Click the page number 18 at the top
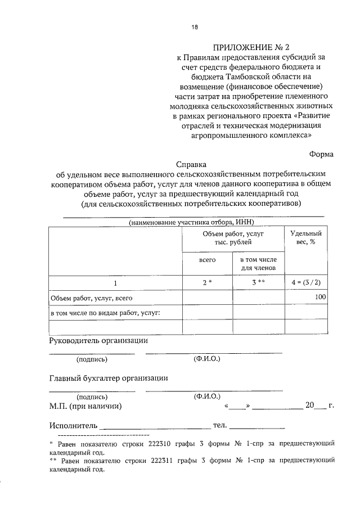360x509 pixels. pos(194,26)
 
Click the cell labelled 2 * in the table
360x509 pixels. pos(208,283)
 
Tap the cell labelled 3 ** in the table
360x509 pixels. pos(258,283)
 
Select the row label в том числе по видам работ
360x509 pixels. pos(106,312)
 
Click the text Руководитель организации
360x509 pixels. pos(98,340)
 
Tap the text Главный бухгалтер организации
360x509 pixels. pos(109,378)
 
